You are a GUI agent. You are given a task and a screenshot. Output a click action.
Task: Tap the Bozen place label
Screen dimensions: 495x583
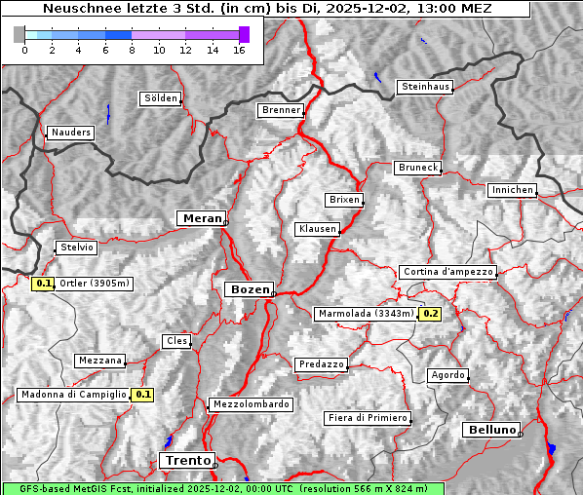[248, 289]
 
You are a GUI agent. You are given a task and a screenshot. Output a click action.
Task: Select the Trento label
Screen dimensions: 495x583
[186, 460]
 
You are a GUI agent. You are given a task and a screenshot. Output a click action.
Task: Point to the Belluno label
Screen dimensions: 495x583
[491, 429]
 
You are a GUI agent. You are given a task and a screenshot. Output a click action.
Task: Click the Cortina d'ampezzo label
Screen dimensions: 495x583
[447, 272]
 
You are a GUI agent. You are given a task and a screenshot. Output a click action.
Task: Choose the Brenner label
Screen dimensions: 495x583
[281, 110]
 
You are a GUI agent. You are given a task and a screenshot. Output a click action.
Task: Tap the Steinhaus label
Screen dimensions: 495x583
[426, 87]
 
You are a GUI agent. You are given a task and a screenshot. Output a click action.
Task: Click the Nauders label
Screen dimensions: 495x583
[70, 133]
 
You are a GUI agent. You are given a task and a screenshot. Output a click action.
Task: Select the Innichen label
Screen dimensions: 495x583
[512, 190]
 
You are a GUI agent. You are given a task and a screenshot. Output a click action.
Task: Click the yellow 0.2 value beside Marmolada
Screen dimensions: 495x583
[430, 314]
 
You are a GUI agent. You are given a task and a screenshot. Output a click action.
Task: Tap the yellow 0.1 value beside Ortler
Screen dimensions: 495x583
[43, 284]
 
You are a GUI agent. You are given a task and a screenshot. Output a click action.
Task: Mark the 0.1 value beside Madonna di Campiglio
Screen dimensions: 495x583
[142, 395]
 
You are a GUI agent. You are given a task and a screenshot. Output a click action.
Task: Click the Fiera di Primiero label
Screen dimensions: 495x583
[367, 418]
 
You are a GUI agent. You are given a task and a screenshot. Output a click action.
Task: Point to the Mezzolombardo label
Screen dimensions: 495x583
[250, 404]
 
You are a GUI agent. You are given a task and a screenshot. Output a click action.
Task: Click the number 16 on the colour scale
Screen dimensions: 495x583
[239, 50]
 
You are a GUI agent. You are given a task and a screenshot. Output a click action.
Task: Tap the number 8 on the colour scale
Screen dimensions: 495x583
[132, 50]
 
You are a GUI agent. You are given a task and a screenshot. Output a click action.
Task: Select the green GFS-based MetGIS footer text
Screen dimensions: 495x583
[222, 488]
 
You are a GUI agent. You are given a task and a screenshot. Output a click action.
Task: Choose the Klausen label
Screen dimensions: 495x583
[317, 229]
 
